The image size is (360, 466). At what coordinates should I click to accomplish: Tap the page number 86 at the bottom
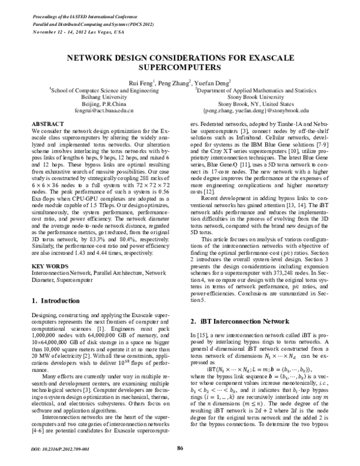tap(179, 449)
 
